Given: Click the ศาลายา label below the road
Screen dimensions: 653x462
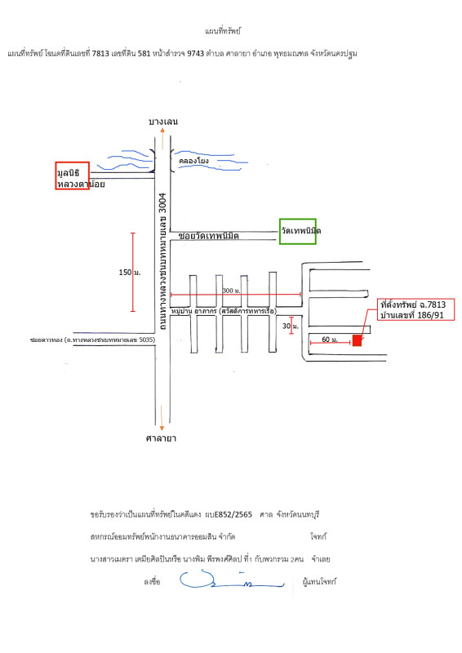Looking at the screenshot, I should point(162,438).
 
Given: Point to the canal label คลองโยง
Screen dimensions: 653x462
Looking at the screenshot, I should point(193,162).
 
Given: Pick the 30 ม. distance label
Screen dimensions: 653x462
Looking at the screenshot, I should point(285,326).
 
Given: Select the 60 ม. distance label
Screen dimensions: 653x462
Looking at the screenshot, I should point(327,338).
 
